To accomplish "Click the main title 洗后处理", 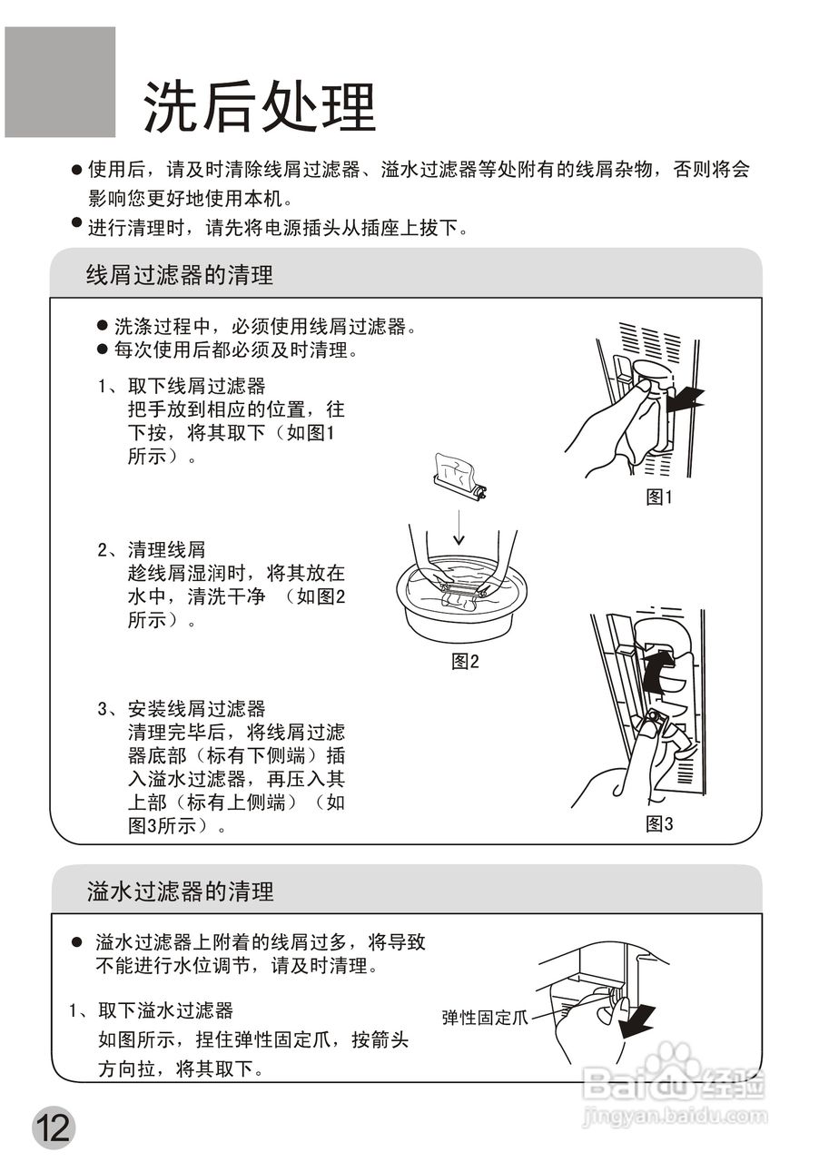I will point(259,108).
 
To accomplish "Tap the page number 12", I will point(53,1128).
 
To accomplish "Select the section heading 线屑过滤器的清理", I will point(180,275).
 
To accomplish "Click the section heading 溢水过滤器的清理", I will point(180,891).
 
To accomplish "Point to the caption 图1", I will point(658,497).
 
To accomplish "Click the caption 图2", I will point(465,661).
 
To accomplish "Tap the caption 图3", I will point(658,823).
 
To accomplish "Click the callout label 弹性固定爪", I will point(484,1018).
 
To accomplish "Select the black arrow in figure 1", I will point(685,397).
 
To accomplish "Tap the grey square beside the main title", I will point(60,82).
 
